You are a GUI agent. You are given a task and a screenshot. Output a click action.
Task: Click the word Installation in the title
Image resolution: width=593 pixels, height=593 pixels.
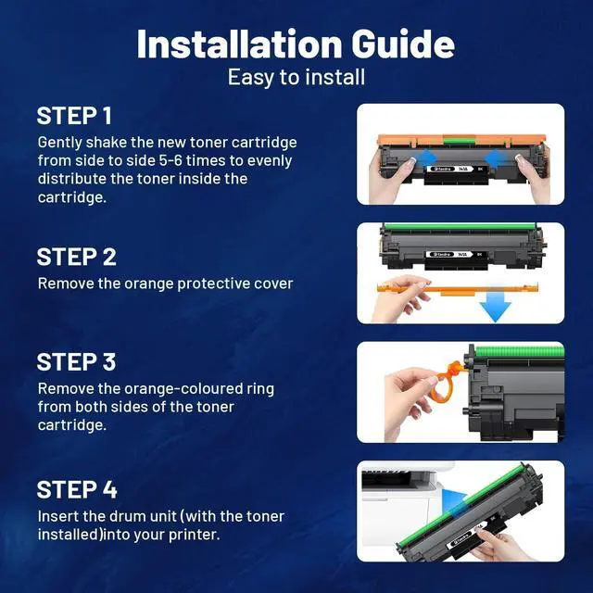coord(239,44)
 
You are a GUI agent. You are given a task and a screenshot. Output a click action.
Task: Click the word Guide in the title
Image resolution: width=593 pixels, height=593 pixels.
coord(403,44)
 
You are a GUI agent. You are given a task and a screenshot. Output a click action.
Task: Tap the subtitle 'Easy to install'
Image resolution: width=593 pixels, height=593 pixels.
coord(296,78)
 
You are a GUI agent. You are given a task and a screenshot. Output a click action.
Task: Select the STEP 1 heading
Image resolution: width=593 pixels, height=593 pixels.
coord(74,116)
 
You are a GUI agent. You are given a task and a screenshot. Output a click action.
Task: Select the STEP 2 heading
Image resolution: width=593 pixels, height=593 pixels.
coord(76,258)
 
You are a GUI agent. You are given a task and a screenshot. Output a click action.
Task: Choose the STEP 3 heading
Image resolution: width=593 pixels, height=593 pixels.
coord(76,362)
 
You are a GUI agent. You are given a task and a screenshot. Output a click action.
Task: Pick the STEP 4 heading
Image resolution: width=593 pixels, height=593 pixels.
coord(77,490)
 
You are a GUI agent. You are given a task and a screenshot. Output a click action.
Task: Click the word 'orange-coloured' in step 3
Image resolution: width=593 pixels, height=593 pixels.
coord(183,389)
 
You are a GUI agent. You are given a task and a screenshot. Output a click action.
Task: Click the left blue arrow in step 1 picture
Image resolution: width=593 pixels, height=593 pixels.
coord(424,158)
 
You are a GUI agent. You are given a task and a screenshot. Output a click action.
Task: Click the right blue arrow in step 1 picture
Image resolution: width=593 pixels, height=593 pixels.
coord(497,158)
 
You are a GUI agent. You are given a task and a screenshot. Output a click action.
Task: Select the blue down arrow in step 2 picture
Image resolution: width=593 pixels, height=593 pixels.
coord(496,305)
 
